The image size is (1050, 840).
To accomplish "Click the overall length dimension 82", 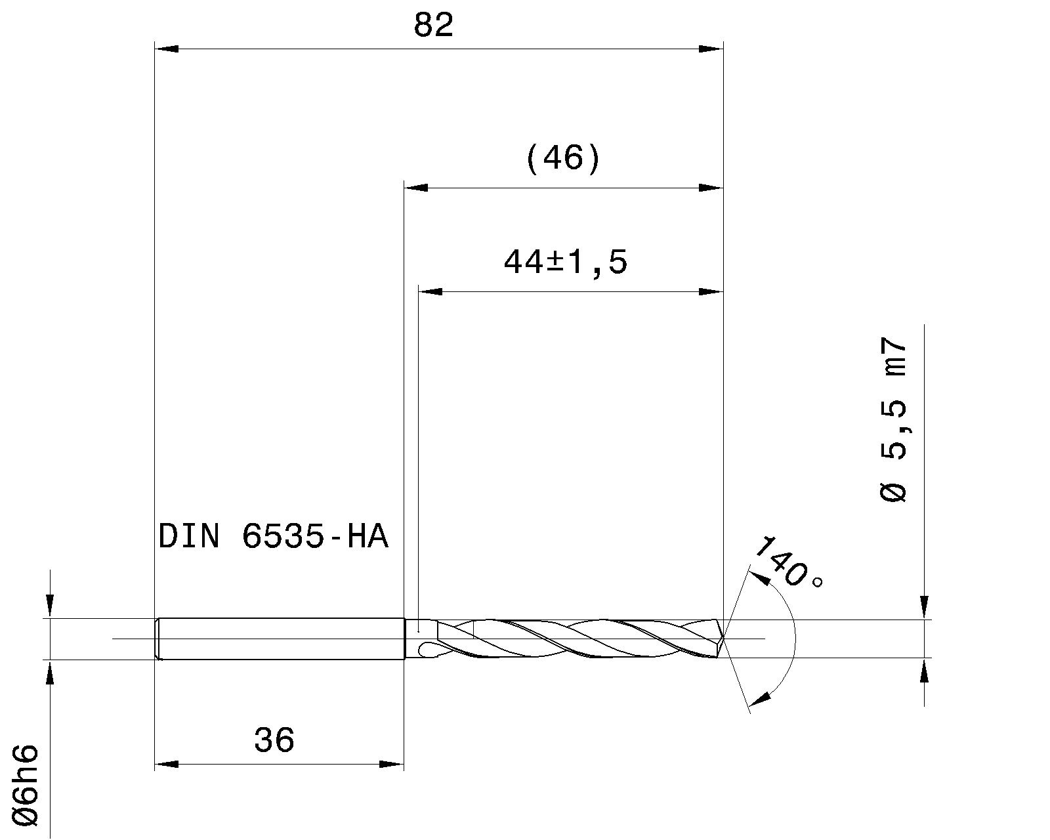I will pos(434,26).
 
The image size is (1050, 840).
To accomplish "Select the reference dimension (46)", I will pos(562,159).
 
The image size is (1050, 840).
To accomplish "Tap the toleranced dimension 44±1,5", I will pos(565,262).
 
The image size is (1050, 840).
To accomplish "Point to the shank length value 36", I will pos(274,740).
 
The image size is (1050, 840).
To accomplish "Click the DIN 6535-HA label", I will pos(274,537).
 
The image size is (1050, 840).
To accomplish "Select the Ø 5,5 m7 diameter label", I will pos(893,420).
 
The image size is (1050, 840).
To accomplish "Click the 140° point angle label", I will pos(787,563).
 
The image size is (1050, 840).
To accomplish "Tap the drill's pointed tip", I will pos(723,637).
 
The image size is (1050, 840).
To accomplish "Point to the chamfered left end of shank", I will pos(157,639).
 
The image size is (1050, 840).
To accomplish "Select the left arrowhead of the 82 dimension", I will pos(165,49).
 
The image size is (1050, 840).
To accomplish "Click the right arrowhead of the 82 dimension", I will pos(711,49).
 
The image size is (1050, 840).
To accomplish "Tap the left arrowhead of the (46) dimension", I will pos(415,188).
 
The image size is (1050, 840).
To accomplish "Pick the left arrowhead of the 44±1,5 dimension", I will pos(430,291).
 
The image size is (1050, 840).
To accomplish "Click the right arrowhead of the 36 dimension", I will pos(392,764).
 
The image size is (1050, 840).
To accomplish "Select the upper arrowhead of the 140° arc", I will pos(759,577).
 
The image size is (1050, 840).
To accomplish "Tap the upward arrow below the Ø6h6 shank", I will pos(51,672).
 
